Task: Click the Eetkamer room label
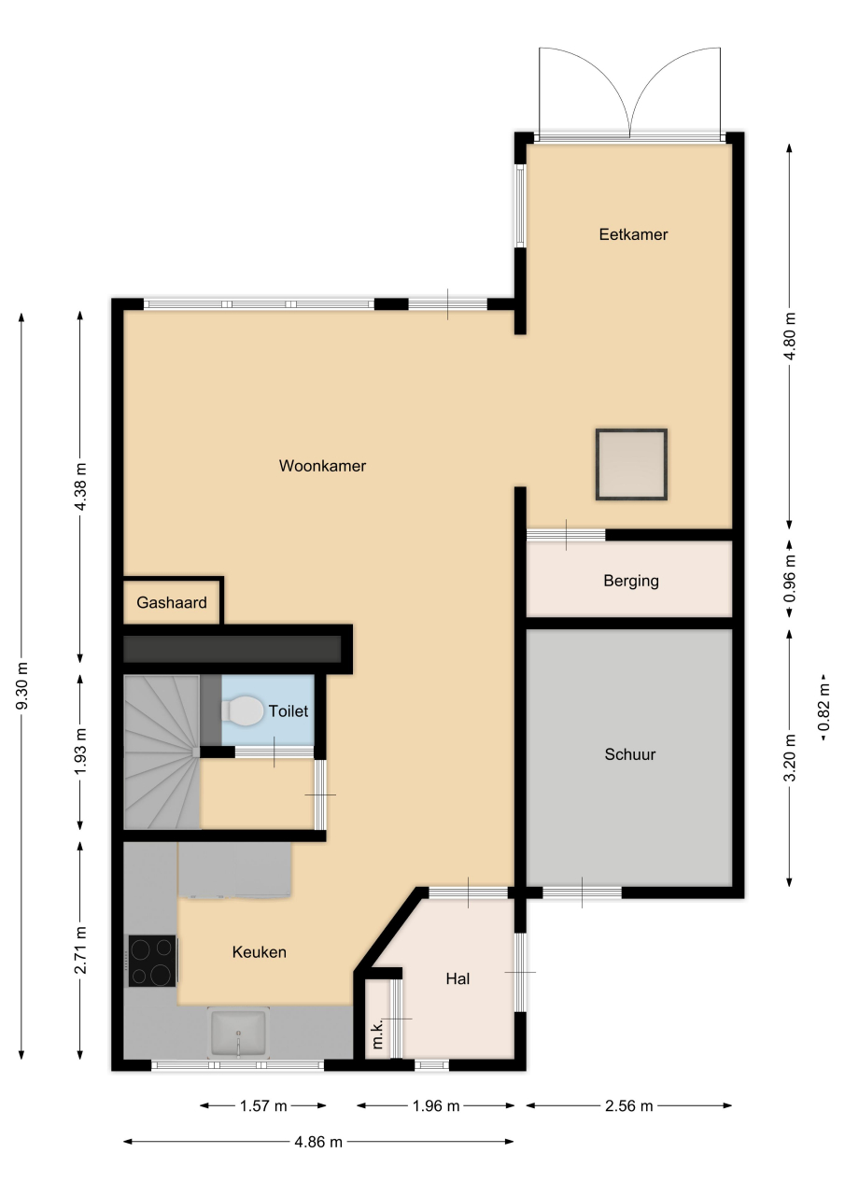[x=633, y=234]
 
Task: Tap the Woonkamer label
[x=322, y=466]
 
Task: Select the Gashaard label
[x=172, y=603]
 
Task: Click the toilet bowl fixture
[x=242, y=710]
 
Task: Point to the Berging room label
[x=631, y=581]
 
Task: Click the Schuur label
[x=630, y=754]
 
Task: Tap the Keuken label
[x=260, y=952]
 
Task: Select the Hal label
[x=458, y=979]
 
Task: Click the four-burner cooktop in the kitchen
[x=152, y=961]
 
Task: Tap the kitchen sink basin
[x=238, y=1033]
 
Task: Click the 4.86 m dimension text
[x=318, y=1142]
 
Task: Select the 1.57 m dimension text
[x=263, y=1106]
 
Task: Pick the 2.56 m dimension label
[x=629, y=1106]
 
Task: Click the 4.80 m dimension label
[x=790, y=336]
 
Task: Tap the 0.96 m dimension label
[x=790, y=579]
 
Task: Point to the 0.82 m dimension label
[x=824, y=708]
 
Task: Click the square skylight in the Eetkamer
[x=631, y=465]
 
